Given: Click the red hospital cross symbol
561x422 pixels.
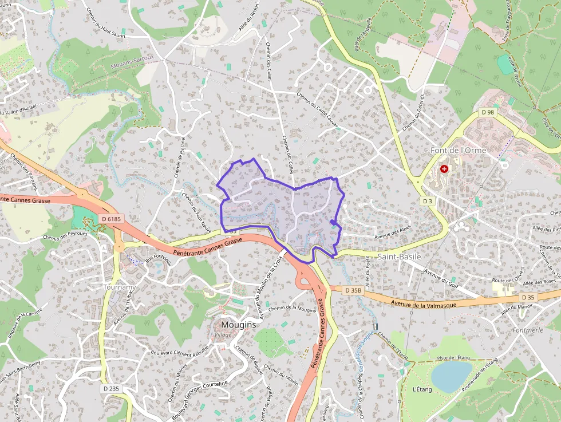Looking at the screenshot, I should (x=444, y=169).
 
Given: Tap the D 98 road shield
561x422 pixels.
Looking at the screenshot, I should (x=487, y=112).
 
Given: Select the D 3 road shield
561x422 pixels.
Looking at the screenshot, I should (x=427, y=201).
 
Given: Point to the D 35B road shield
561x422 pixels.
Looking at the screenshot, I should (x=353, y=290).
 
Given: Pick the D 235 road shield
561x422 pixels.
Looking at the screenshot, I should (x=112, y=388).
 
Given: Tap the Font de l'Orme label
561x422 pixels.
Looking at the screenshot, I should (x=458, y=150).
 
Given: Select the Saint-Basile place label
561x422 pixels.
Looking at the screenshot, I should (x=399, y=257).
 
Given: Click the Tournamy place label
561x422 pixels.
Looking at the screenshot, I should (x=120, y=286).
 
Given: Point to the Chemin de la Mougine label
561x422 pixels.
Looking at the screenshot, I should (x=293, y=309).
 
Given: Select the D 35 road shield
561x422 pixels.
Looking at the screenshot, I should (x=527, y=297).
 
